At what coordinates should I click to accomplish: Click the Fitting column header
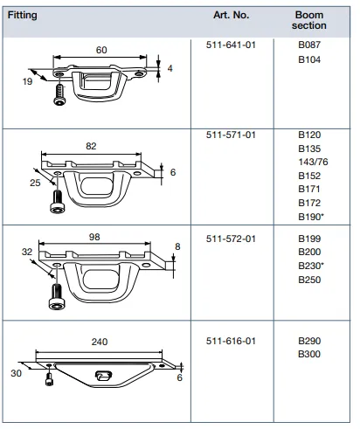pos(22,15)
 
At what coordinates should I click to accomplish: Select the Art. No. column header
pos(231,15)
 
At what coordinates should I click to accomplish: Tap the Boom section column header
pos(309,20)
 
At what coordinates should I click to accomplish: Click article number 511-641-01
pos(231,45)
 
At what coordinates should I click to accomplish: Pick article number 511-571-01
pos(231,135)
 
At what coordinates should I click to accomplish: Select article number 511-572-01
pos(231,239)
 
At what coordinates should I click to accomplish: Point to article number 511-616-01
pos(231,341)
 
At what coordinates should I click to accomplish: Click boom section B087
pos(309,45)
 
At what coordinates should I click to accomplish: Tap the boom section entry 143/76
pos(313,162)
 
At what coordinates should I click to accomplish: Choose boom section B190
pos(311,217)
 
